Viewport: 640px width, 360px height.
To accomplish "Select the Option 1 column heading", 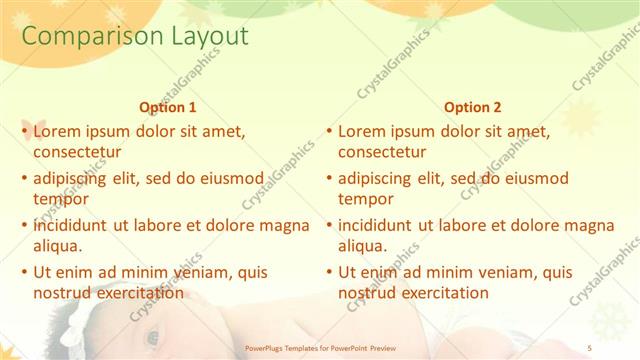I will tap(166, 107).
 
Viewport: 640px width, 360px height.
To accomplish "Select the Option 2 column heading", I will tap(473, 107).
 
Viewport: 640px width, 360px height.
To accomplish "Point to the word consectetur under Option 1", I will tap(78, 153).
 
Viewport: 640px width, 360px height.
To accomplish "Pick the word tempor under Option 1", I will tap(59, 199).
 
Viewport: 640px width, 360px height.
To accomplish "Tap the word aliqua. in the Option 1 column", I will tap(58, 246).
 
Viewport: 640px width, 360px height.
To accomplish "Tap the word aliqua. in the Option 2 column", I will tap(362, 246).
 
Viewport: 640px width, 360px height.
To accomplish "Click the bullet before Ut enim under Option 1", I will tap(24, 272).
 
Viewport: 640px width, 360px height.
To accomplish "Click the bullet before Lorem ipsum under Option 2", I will tap(328, 131).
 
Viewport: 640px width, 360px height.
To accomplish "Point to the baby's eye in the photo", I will tap(152, 338).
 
